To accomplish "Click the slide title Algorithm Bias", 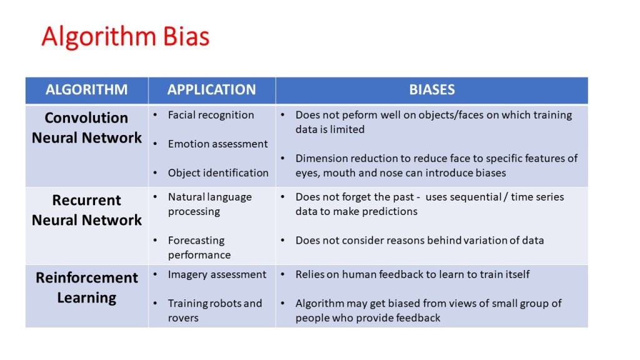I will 125,37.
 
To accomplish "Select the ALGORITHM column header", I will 86,89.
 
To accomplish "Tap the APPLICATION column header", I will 211,89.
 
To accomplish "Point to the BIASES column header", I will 431,89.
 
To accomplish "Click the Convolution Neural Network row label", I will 86,127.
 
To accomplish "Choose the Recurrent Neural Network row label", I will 86,210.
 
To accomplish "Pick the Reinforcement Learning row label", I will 86,287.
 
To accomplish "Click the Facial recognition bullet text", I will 211,115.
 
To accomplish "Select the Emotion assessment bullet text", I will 217,144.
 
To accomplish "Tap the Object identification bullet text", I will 218,172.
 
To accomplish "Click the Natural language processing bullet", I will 209,204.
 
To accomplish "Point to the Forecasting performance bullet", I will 199,247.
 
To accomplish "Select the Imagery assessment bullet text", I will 217,274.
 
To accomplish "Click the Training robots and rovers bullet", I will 214,311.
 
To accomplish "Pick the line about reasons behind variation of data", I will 419,240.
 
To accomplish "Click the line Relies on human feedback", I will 412,274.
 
